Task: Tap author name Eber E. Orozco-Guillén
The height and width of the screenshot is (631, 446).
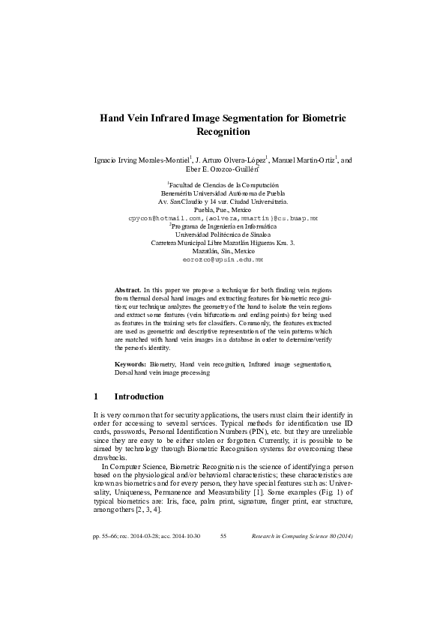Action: click(223, 170)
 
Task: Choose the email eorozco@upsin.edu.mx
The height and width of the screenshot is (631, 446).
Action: click(223, 259)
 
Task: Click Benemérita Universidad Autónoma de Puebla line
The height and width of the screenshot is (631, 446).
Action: click(223, 193)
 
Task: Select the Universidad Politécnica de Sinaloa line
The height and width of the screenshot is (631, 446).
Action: click(223, 235)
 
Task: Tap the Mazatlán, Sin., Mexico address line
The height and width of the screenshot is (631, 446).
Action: click(223, 251)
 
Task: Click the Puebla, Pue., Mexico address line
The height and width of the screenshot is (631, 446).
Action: click(223, 210)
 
